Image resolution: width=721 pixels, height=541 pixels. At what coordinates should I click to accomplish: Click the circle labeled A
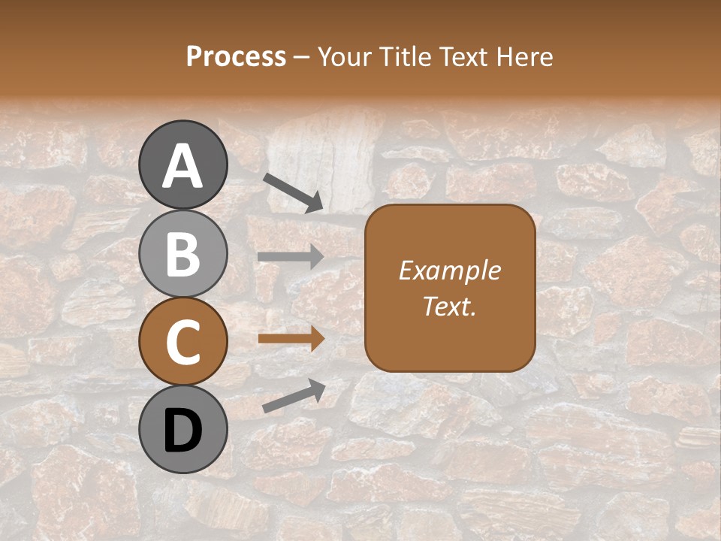[183, 165]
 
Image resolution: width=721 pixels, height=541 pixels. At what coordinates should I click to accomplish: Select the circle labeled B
[183, 253]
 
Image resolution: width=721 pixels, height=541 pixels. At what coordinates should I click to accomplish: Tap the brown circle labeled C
[183, 342]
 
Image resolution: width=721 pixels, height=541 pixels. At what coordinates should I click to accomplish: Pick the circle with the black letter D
[183, 430]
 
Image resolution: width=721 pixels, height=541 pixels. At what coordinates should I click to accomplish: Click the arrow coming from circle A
[292, 192]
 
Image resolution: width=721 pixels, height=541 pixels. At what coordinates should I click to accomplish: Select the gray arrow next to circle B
[290, 257]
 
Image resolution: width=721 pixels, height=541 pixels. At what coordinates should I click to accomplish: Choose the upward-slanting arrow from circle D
[294, 396]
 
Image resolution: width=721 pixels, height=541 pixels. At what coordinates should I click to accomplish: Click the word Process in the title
[236, 56]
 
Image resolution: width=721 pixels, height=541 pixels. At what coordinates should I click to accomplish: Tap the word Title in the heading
[404, 56]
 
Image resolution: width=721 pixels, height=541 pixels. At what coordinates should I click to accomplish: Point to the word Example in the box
[449, 270]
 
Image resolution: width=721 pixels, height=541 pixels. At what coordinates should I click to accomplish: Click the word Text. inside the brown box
[449, 306]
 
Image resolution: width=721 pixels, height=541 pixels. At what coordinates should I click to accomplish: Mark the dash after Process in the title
[301, 57]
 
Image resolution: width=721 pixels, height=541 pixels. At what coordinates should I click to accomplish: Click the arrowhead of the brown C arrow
[316, 339]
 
